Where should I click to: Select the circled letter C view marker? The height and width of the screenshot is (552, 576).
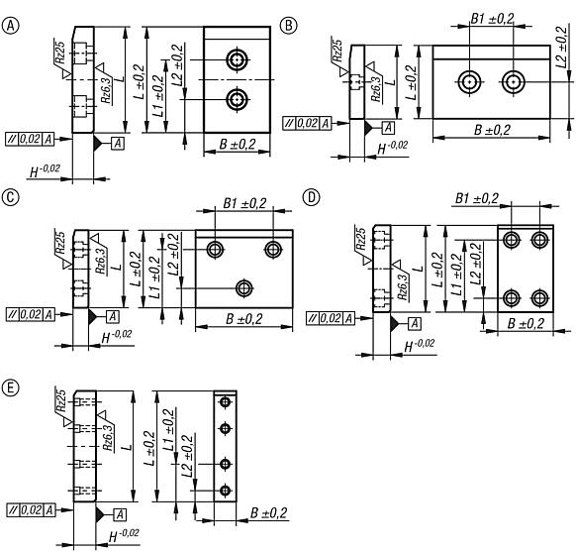(12, 197)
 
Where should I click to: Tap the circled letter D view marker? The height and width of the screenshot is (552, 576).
(312, 197)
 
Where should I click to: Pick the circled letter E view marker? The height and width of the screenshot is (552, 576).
(12, 385)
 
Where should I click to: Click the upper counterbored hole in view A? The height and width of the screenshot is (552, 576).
(237, 60)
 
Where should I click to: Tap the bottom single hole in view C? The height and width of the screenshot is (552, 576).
(243, 288)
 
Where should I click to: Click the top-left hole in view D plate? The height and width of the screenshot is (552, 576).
(512, 239)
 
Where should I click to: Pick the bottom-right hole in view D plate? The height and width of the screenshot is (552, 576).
(540, 297)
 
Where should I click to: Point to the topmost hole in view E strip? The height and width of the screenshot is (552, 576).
(225, 401)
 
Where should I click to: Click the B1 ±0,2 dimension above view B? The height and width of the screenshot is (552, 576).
(490, 19)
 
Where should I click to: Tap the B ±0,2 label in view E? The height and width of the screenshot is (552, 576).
(268, 512)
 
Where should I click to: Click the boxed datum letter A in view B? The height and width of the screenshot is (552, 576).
(387, 126)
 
